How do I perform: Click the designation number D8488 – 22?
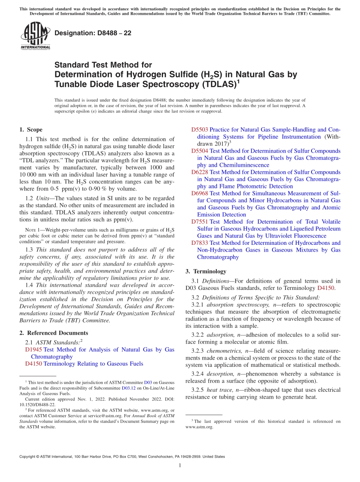point(93,33)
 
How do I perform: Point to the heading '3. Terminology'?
point(206,271)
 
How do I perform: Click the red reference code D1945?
point(33,349)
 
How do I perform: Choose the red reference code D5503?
point(200,130)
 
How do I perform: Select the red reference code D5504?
point(200,151)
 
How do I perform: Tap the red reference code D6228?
point(200,172)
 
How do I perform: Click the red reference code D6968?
point(200,193)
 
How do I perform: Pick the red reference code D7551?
point(200,222)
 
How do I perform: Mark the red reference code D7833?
point(200,243)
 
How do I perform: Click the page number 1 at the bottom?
point(180,466)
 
